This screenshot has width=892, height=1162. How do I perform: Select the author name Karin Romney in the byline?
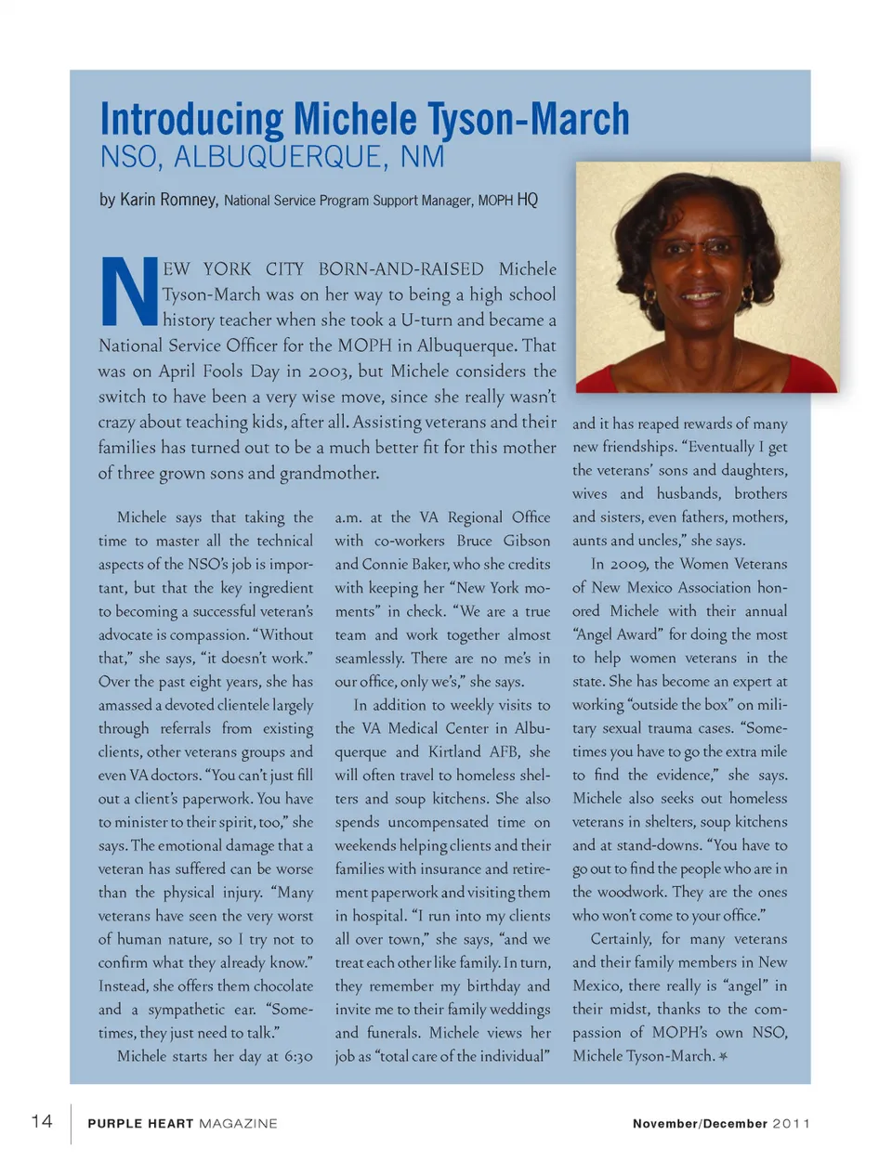pyautogui.click(x=168, y=200)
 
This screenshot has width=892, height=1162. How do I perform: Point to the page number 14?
pyautogui.click(x=42, y=1121)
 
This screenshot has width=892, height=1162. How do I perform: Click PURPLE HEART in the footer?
pyautogui.click(x=140, y=1123)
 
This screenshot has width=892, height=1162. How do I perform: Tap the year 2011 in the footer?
pyautogui.click(x=791, y=1123)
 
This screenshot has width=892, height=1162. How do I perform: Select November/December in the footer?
pyautogui.click(x=700, y=1123)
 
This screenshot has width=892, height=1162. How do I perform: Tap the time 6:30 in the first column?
pyautogui.click(x=295, y=1056)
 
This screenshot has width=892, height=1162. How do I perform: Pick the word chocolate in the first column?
pyautogui.click(x=276, y=986)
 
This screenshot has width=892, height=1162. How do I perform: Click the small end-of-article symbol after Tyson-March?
pyautogui.click(x=724, y=1056)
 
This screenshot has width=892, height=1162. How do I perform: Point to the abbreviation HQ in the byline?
pyautogui.click(x=527, y=200)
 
